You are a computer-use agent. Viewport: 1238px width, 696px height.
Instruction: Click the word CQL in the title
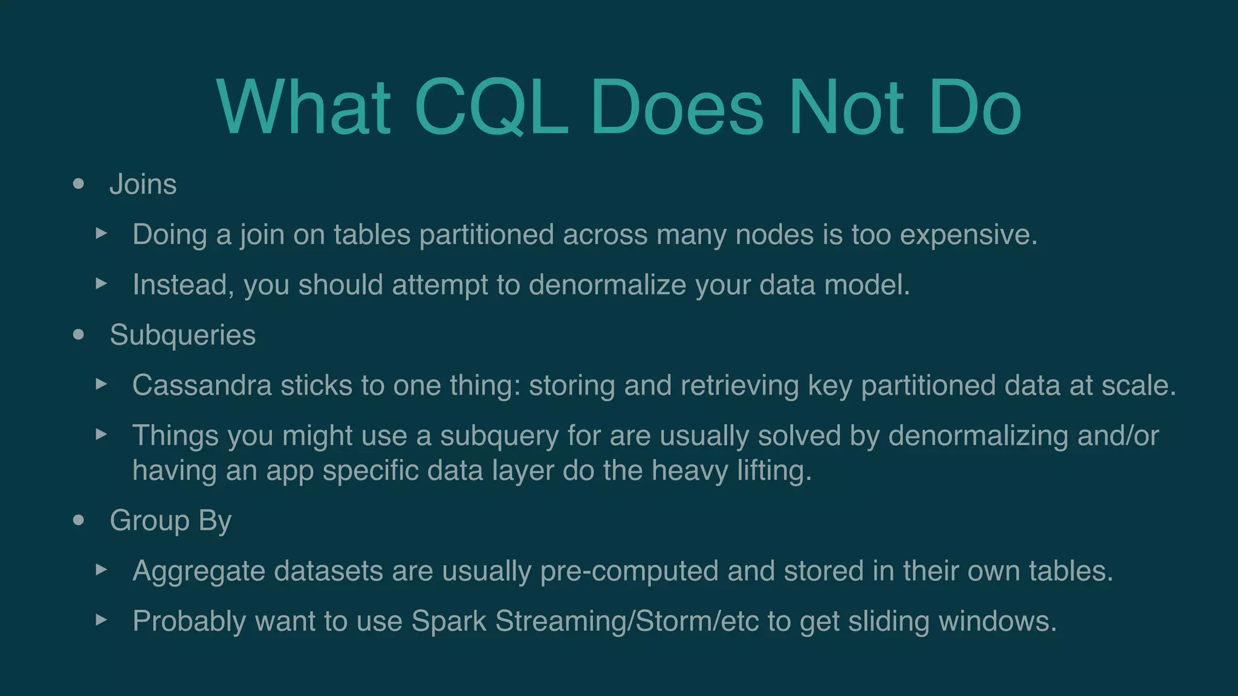[491, 108]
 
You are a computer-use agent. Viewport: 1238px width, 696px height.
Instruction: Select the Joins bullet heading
[143, 184]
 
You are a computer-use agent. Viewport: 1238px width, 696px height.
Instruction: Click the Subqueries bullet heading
[183, 335]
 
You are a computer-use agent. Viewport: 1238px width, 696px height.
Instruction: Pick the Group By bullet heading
[170, 520]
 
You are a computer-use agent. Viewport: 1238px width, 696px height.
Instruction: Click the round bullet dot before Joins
[78, 184]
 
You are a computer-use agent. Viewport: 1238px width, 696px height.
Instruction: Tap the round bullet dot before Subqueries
[78, 335]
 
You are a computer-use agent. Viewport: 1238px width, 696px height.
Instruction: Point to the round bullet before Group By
[78, 520]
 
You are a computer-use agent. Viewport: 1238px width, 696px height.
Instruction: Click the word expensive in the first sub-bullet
[968, 234]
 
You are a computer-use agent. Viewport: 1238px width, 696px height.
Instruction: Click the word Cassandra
[202, 385]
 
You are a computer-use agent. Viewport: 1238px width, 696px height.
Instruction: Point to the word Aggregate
[198, 571]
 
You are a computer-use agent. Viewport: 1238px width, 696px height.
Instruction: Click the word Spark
[449, 621]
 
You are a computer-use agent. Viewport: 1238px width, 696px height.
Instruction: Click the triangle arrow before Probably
[102, 619]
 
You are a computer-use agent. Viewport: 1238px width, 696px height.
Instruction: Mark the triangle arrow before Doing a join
[102, 233]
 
